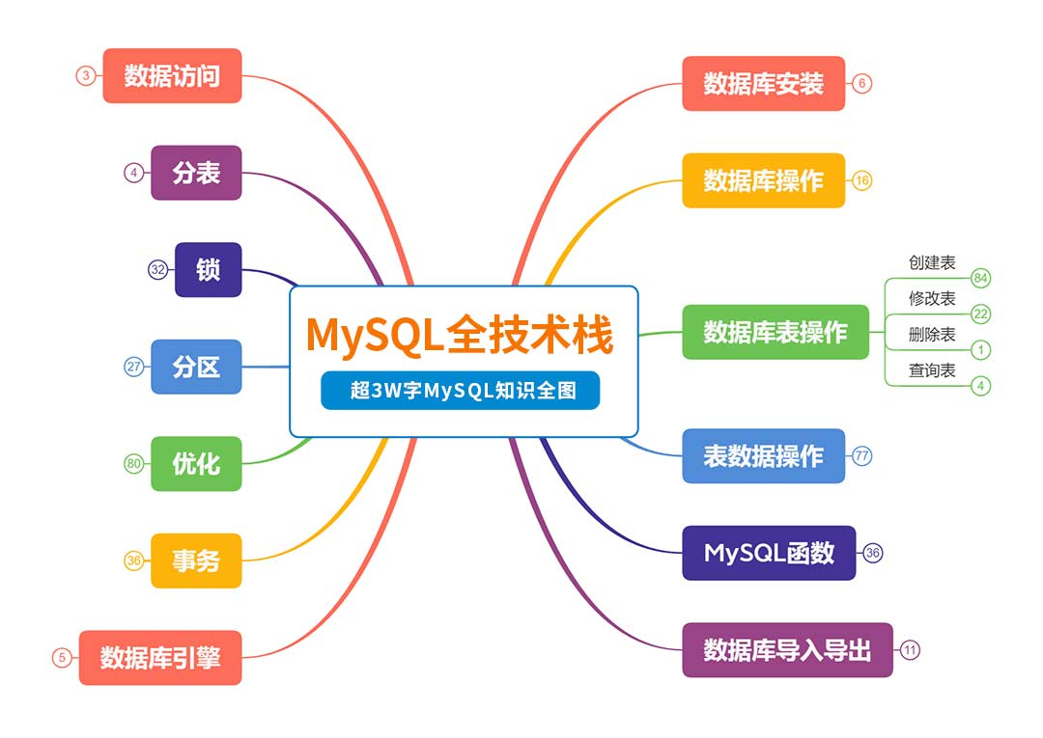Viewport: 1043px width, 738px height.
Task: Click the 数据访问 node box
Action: coord(172,75)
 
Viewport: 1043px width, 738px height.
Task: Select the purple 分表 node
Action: coord(196,173)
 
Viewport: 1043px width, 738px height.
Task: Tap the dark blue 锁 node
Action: coord(209,270)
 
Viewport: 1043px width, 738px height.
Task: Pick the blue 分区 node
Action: coord(196,367)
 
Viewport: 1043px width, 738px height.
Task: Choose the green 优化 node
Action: coord(196,464)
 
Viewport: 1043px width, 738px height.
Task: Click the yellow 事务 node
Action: coord(196,560)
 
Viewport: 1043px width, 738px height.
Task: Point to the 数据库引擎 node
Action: coord(160,658)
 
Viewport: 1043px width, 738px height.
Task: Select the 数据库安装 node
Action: coord(764,84)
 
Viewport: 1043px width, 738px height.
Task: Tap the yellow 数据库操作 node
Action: coord(764,180)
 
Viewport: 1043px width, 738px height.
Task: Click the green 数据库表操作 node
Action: coord(775,332)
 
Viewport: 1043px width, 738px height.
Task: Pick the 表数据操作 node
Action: coord(764,455)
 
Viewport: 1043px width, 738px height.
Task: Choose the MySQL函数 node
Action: coord(769,553)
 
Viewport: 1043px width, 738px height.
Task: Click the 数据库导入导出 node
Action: coord(788,649)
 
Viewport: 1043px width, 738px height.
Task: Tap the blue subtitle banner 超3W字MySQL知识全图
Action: coord(461,390)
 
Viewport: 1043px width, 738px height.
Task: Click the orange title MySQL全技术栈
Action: coord(460,334)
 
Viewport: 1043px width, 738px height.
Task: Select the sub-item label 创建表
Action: coord(932,263)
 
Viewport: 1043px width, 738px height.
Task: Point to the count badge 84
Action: coord(980,279)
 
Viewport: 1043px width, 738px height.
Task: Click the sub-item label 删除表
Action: coord(932,334)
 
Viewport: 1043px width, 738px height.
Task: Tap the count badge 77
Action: coord(862,455)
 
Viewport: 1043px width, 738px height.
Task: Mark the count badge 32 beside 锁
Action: coord(157,270)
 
